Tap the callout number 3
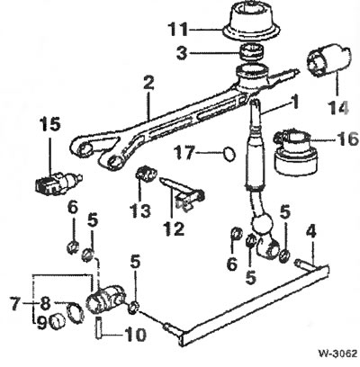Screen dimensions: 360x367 click(x=182, y=53)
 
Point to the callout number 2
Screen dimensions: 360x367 click(x=148, y=83)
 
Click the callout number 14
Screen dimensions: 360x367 click(x=338, y=107)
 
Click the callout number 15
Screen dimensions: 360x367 click(x=50, y=124)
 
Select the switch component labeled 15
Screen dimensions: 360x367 click(x=56, y=183)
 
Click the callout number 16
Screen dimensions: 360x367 click(x=347, y=139)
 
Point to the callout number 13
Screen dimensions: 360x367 click(x=140, y=210)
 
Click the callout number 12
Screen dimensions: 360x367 click(x=173, y=228)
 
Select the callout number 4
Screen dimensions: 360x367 click(x=310, y=231)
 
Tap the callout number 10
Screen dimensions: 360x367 click(x=135, y=335)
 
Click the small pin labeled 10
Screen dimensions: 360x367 click(x=99, y=328)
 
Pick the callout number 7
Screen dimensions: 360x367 click(x=15, y=303)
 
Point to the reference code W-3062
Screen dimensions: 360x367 click(x=337, y=354)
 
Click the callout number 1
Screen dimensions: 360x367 click(x=295, y=102)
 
